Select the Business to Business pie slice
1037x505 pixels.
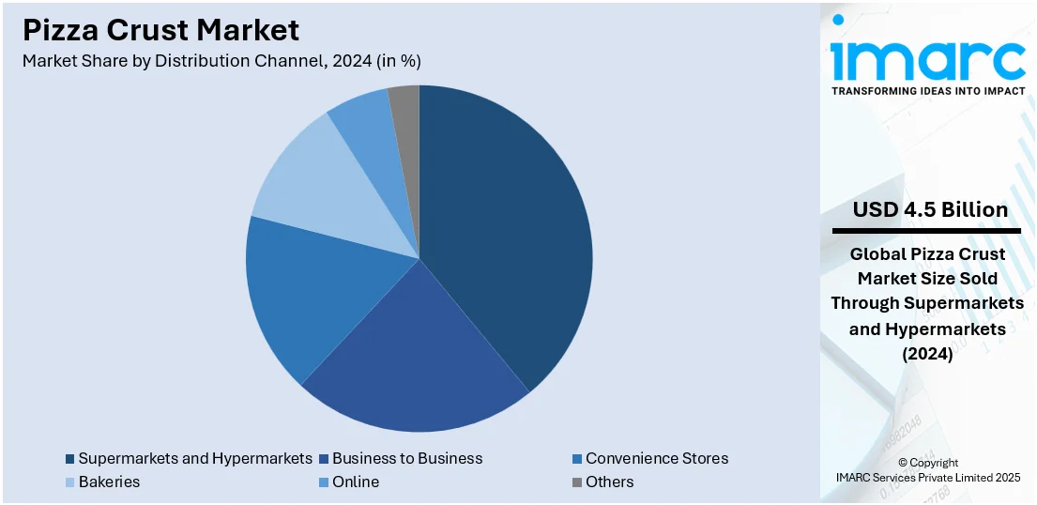click(x=413, y=366)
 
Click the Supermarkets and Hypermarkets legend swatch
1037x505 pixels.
click(x=70, y=459)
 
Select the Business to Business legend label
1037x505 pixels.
click(x=406, y=459)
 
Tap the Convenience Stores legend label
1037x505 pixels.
click(x=656, y=459)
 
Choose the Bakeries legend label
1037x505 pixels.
click(x=109, y=482)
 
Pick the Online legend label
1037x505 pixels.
click(x=356, y=482)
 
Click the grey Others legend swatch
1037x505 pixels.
click(x=576, y=482)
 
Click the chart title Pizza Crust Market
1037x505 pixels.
click(x=160, y=30)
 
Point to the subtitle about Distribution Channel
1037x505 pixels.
click(x=221, y=61)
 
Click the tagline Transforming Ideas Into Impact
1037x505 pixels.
click(x=928, y=91)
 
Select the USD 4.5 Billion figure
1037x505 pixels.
click(x=930, y=210)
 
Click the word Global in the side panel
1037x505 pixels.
click(x=878, y=254)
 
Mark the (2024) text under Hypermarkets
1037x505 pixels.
click(x=927, y=355)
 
